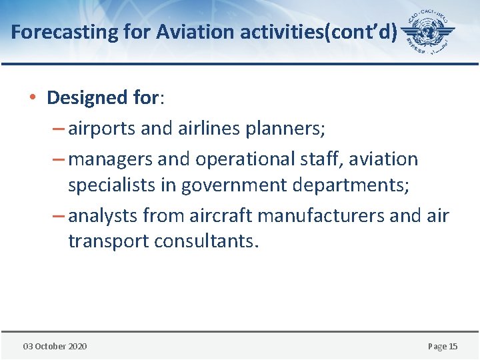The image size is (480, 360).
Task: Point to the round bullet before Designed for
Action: (x=33, y=98)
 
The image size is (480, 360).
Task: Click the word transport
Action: (x=109, y=241)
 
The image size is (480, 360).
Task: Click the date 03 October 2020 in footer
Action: (x=55, y=346)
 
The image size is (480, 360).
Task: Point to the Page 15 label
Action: (x=442, y=346)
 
